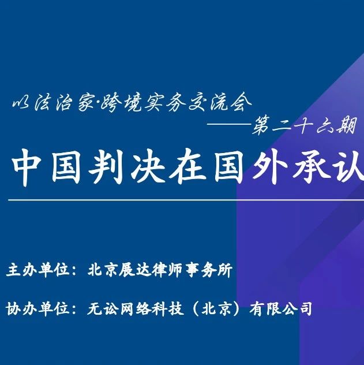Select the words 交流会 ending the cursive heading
click(x=220, y=102)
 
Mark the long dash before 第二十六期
click(x=230, y=124)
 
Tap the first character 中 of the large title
click(x=25, y=167)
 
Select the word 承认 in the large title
click(x=328, y=166)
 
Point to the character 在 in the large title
click(x=188, y=166)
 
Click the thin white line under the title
click(x=186, y=200)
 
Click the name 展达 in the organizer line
click(x=134, y=270)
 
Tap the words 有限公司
click(x=281, y=308)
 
